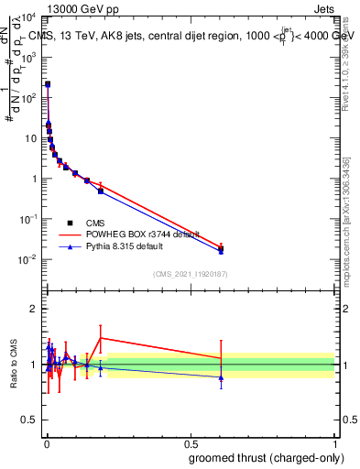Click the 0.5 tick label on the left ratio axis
click(31, 420)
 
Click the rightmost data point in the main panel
click(221, 248)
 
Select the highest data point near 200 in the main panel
click(48, 84)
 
